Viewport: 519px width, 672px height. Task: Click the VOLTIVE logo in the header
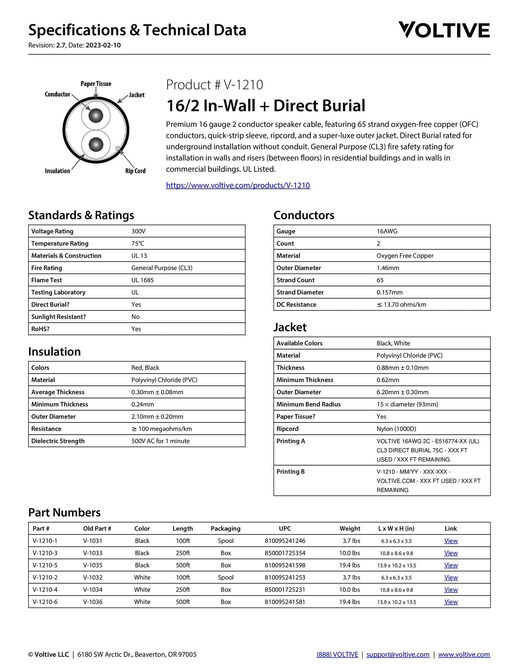click(444, 30)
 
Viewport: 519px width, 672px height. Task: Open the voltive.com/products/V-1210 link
click(238, 185)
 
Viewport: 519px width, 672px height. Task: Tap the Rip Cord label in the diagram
click(135, 171)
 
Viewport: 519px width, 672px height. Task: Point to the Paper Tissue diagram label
click(96, 84)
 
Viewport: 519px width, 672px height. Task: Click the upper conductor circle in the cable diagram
click(96, 116)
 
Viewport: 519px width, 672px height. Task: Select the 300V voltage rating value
click(138, 231)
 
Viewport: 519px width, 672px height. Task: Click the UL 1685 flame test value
click(142, 280)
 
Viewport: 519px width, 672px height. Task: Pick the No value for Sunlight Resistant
click(135, 317)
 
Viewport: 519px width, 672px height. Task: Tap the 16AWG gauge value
click(387, 231)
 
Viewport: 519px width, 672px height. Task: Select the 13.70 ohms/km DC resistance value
click(401, 304)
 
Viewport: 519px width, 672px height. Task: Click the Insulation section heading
click(54, 351)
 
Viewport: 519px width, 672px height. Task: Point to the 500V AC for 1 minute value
click(161, 441)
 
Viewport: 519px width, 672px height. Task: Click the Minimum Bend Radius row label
click(308, 404)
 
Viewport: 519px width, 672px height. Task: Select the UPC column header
click(285, 529)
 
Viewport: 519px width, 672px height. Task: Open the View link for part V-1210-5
click(451, 565)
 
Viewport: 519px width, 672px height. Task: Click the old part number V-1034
click(93, 590)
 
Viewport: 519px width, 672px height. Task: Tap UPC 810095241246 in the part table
click(285, 541)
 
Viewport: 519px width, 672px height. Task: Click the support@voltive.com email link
click(398, 655)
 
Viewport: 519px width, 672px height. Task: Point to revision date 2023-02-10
click(103, 45)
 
